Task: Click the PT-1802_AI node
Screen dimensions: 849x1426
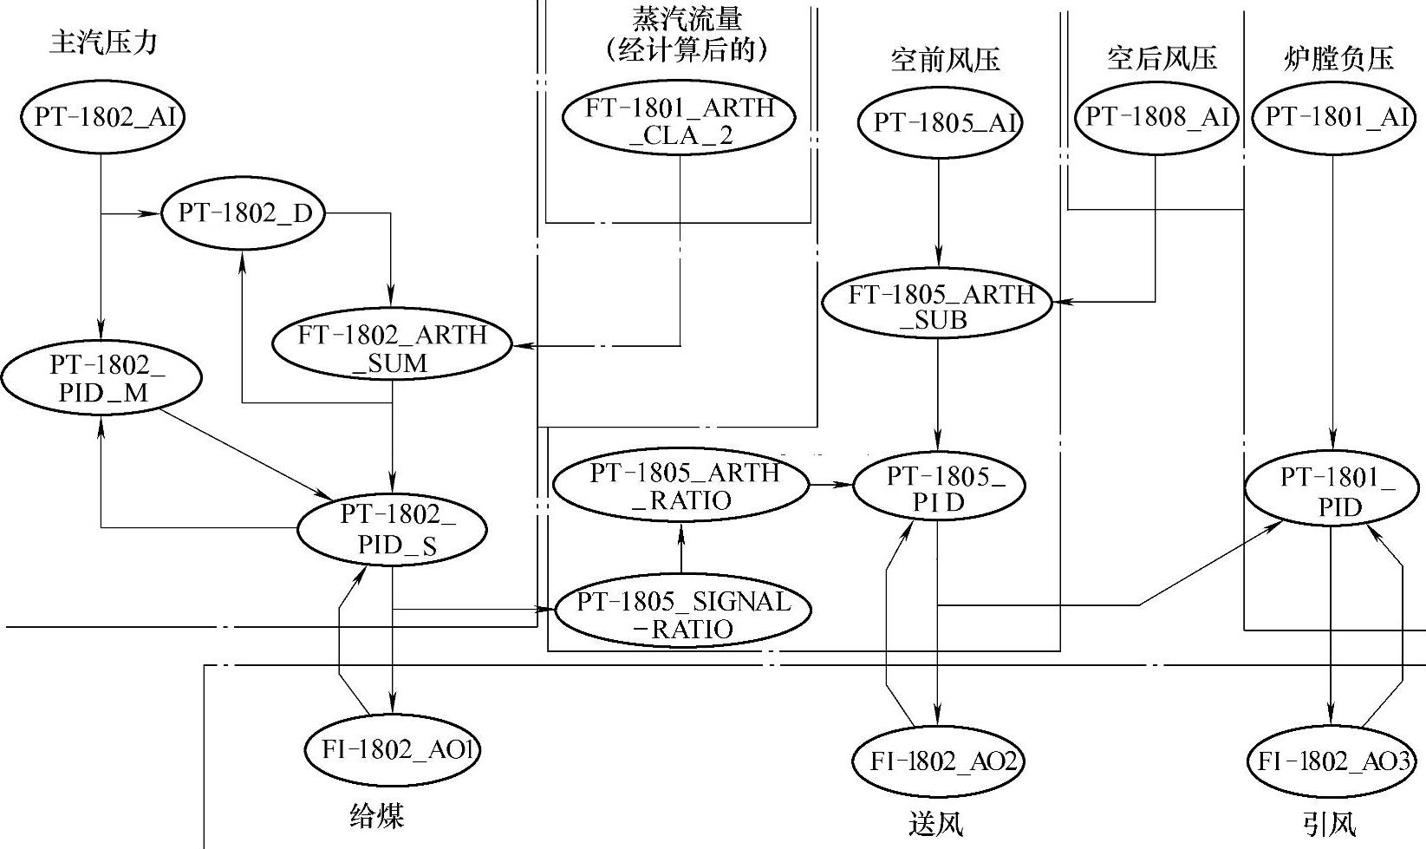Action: click(x=103, y=117)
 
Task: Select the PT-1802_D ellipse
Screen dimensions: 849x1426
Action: click(x=244, y=213)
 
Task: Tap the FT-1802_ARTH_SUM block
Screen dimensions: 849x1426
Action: click(x=392, y=348)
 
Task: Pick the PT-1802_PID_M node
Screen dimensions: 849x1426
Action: click(x=102, y=378)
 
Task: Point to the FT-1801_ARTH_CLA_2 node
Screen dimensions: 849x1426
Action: click(x=680, y=121)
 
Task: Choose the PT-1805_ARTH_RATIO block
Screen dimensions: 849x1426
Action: click(x=681, y=487)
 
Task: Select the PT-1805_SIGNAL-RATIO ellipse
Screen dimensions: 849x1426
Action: click(x=682, y=614)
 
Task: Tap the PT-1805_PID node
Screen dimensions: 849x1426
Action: click(x=938, y=488)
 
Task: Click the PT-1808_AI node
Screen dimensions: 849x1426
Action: click(x=1157, y=117)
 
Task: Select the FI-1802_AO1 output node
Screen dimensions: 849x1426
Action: click(x=393, y=749)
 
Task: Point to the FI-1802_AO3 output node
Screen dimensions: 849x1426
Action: click(x=1332, y=761)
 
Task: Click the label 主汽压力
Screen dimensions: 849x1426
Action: click(x=103, y=42)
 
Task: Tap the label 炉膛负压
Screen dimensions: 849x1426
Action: click(x=1338, y=58)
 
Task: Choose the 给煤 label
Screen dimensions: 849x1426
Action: click(x=377, y=816)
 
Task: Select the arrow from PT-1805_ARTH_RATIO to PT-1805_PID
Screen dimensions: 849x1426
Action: click(x=830, y=485)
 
